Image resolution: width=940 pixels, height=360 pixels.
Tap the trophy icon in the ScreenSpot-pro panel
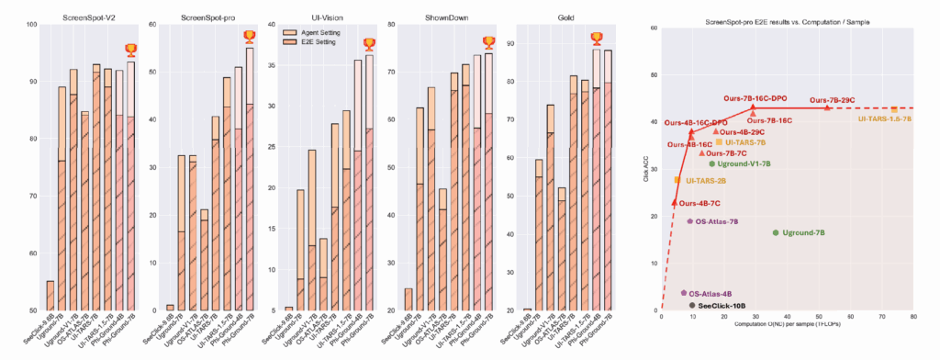(x=250, y=37)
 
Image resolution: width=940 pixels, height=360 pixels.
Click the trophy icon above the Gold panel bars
(x=598, y=38)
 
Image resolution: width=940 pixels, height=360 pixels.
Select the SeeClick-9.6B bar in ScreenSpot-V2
(x=50, y=295)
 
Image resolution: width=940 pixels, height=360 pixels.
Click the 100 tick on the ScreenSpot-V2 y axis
(x=33, y=24)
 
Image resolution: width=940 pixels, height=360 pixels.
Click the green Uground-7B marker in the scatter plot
(x=776, y=233)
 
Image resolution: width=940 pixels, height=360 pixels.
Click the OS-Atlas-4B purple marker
(x=684, y=293)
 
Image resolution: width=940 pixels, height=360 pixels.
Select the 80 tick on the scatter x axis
(x=912, y=318)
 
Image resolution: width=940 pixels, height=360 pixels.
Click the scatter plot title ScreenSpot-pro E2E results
(x=787, y=20)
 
